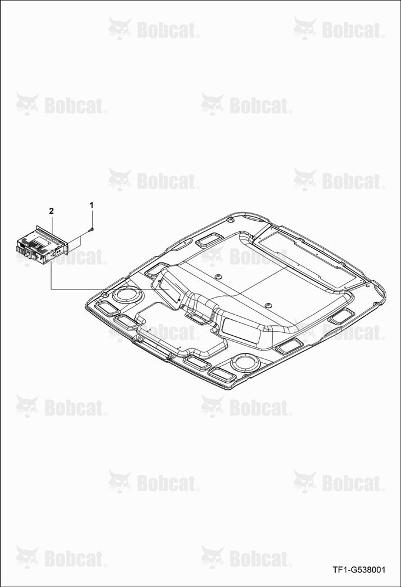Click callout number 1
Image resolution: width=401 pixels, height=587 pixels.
tap(92, 205)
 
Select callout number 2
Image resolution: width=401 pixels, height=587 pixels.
tap(51, 211)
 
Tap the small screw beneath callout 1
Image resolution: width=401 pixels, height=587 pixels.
tap(92, 229)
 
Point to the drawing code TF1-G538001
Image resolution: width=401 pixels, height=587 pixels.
tap(359, 570)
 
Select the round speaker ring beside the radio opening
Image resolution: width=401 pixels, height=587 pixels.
tap(127, 294)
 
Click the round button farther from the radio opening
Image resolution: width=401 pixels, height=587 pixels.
tap(268, 305)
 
